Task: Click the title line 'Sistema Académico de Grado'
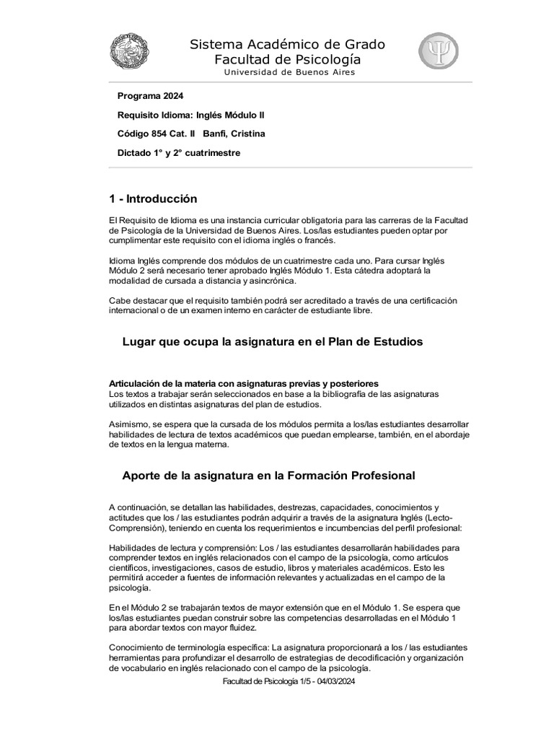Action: pyautogui.click(x=287, y=45)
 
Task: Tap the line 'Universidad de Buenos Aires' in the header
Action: pyautogui.click(x=289, y=72)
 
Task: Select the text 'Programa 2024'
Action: pyautogui.click(x=150, y=96)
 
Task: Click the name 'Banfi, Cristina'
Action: pyautogui.click(x=234, y=134)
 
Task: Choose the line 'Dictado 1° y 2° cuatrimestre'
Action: pyautogui.click(x=179, y=153)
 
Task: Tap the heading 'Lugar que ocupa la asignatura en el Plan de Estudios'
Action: pyautogui.click(x=273, y=342)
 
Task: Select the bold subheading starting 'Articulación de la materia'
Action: pyautogui.click(x=243, y=382)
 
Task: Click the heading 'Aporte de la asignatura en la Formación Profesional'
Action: pyautogui.click(x=268, y=476)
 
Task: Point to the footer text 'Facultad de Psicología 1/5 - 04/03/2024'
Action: pyautogui.click(x=289, y=682)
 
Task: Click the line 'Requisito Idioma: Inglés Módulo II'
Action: pyautogui.click(x=195, y=115)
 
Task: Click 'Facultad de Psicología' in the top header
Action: pyautogui.click(x=287, y=59)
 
